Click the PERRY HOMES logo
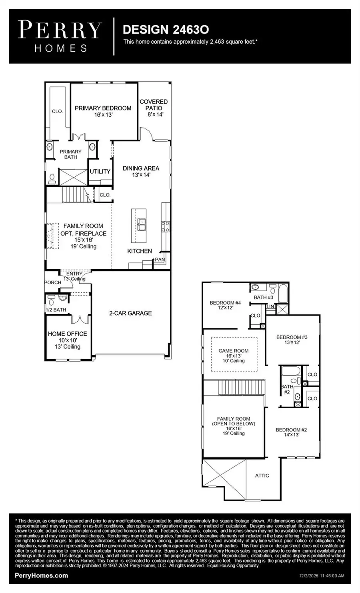tap(60, 36)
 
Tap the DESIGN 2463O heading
tap(166, 29)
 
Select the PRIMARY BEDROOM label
tap(103, 108)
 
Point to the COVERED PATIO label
tap(154, 105)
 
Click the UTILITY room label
tap(100, 172)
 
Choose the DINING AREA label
tap(141, 168)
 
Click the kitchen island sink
tap(141, 225)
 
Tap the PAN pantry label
tap(160, 260)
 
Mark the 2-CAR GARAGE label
tap(130, 313)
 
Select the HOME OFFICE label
tap(67, 333)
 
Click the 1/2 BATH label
tap(56, 310)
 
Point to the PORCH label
tap(53, 282)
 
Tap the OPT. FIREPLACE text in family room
tap(83, 234)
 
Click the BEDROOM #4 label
tap(225, 303)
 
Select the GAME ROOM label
tap(234, 351)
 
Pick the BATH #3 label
tap(263, 297)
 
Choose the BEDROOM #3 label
tap(292, 337)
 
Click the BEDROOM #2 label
tap(291, 430)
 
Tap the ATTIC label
tap(262, 475)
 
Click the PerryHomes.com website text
tap(41, 576)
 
